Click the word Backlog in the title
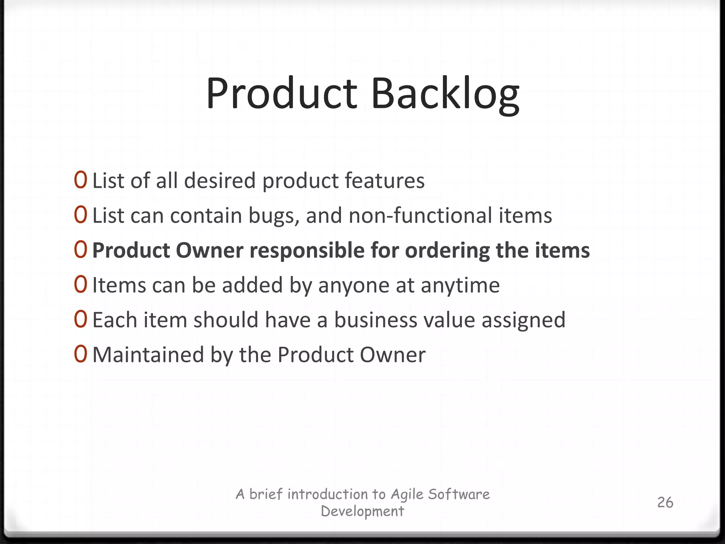tap(445, 94)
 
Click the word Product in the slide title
tap(282, 94)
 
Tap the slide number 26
tap(665, 503)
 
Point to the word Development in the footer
tap(362, 511)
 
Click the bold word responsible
tap(307, 251)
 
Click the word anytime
tap(460, 285)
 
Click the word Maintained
tap(148, 355)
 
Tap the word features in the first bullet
tap(384, 181)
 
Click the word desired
tap(219, 181)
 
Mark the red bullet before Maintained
tap(80, 354)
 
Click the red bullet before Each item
tap(80, 319)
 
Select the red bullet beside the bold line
tap(80, 250)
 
